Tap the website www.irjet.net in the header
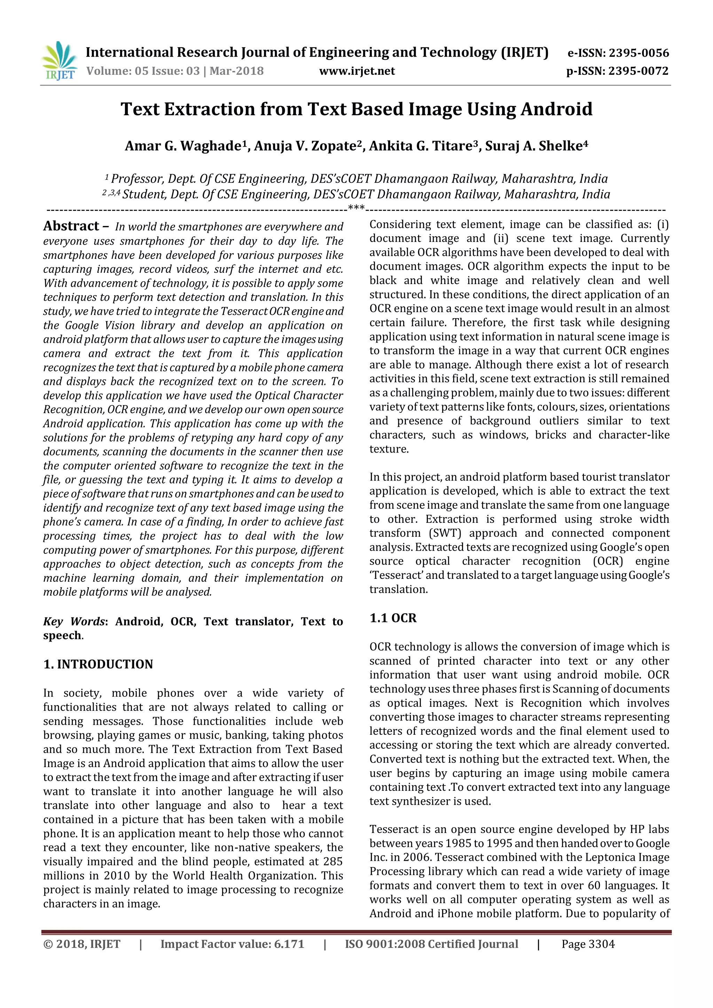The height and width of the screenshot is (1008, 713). pyautogui.click(x=357, y=71)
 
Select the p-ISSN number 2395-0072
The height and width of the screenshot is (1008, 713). pyautogui.click(x=639, y=71)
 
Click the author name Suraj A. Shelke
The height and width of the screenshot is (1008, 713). pyautogui.click(x=536, y=146)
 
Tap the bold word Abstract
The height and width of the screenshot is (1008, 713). pyautogui.click(x=71, y=226)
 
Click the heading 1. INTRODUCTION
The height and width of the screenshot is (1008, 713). pyautogui.click(x=98, y=664)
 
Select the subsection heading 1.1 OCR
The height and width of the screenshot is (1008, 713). pyautogui.click(x=393, y=618)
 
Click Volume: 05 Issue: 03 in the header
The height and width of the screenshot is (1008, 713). pyautogui.click(x=143, y=71)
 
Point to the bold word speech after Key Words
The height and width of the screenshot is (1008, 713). pyautogui.click(x=62, y=635)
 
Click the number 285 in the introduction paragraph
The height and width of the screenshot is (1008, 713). pyautogui.click(x=333, y=861)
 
